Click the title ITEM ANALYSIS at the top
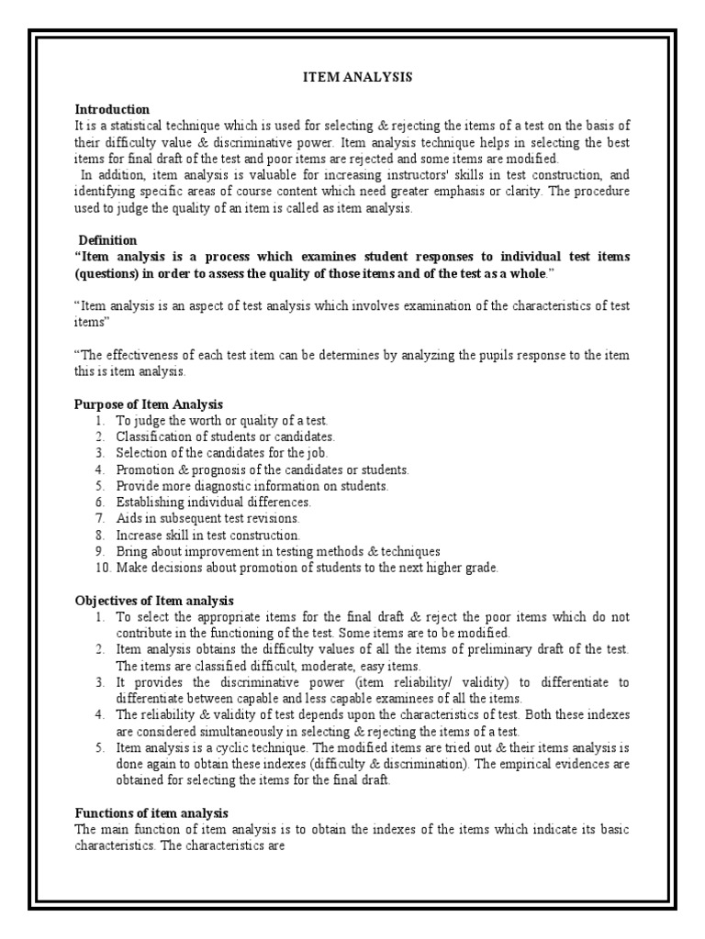[x=358, y=78]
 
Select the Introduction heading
[x=112, y=109]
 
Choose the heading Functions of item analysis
[x=151, y=813]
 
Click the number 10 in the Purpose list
[x=101, y=568]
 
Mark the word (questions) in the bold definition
[x=106, y=273]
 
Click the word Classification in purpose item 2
[x=153, y=436]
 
